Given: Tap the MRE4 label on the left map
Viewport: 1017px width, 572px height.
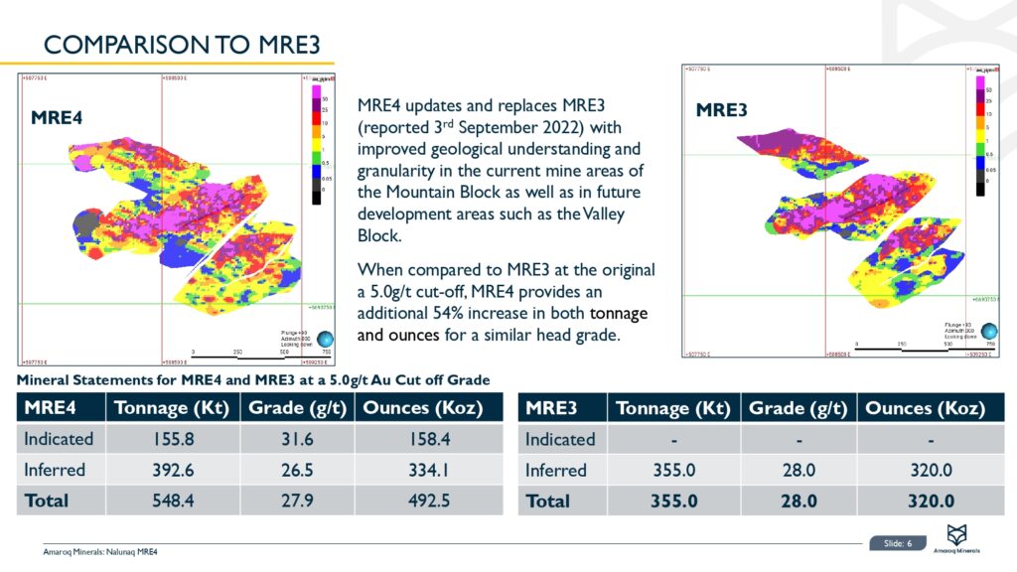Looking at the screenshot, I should coord(57,117).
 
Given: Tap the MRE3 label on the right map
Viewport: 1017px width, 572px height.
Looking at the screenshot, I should coord(721,110).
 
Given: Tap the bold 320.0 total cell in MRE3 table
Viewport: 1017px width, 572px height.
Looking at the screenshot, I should coord(930,501).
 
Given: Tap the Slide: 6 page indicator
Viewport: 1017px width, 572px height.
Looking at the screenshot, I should coord(898,543).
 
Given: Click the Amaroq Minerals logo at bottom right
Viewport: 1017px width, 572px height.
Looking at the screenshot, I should coord(960,536).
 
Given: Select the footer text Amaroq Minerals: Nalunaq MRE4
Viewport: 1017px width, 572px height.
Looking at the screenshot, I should coord(100,552).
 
